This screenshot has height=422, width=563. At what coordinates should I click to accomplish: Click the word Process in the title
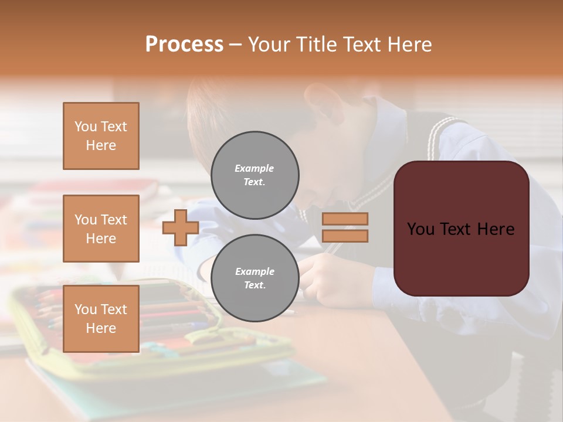pyautogui.click(x=184, y=45)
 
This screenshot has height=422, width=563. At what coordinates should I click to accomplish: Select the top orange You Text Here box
pyautogui.click(x=101, y=136)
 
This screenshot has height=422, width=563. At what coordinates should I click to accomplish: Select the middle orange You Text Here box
pyautogui.click(x=101, y=229)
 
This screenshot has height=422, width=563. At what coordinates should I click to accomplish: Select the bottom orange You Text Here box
pyautogui.click(x=101, y=318)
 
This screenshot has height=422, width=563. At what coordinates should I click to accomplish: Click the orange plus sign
pyautogui.click(x=181, y=227)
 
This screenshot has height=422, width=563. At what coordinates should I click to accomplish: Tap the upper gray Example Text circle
pyautogui.click(x=255, y=175)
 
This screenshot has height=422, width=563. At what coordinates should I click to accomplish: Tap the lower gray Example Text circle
pyautogui.click(x=255, y=278)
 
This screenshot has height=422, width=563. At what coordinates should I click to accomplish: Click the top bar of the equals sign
pyautogui.click(x=345, y=219)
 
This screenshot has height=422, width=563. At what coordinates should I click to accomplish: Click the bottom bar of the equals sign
pyautogui.click(x=345, y=236)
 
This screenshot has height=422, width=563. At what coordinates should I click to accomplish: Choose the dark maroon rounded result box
pyautogui.click(x=461, y=229)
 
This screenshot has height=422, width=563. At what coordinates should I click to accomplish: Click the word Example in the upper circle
pyautogui.click(x=255, y=168)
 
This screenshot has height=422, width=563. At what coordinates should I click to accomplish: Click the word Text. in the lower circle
pyautogui.click(x=255, y=285)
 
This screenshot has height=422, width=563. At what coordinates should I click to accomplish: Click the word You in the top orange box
pyautogui.click(x=85, y=127)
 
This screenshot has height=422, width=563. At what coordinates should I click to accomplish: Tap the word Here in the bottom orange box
pyautogui.click(x=101, y=328)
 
